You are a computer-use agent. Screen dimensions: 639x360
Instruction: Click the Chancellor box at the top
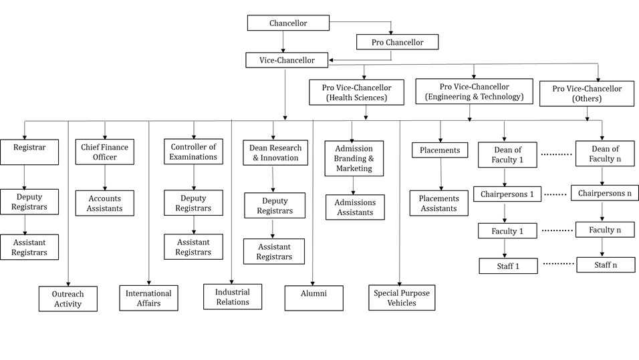point(288,23)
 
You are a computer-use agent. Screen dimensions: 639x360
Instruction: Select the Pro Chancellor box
point(397,42)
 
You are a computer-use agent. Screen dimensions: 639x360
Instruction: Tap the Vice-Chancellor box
point(287,60)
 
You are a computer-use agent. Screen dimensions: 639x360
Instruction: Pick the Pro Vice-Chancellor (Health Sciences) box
point(356,92)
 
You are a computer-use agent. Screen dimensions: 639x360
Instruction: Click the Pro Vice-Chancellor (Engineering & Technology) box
point(474,92)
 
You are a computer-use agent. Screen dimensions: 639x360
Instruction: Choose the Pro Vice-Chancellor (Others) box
point(587,94)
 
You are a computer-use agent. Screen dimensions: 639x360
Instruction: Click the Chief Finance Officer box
point(105,152)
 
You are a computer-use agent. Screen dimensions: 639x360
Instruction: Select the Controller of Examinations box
point(194,152)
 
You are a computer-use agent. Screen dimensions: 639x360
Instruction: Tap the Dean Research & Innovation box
point(275,153)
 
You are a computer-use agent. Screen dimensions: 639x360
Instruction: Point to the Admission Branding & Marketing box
point(354,158)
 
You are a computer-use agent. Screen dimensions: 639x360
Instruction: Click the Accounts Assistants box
point(105,203)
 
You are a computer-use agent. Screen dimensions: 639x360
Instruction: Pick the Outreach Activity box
point(68,299)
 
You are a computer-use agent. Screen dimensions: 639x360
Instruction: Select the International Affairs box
point(149,298)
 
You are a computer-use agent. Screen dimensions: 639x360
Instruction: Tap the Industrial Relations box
point(233,297)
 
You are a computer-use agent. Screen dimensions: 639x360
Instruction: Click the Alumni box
point(313,298)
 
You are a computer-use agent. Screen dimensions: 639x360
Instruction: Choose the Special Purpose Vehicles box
point(402,298)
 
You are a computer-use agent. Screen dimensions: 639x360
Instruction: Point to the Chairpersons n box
point(605,194)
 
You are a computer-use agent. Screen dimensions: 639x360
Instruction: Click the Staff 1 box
point(508,266)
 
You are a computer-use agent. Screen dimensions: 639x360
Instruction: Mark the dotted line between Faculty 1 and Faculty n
point(557,230)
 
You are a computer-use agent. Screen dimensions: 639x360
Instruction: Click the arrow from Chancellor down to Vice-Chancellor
point(283,41)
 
